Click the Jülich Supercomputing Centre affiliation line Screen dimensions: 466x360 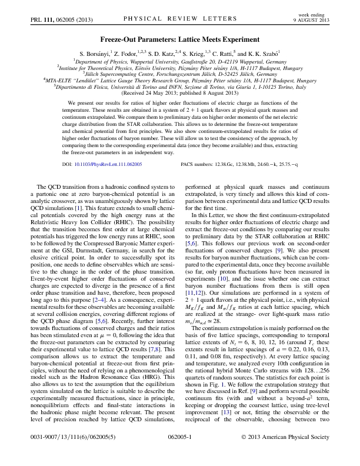click(180, 74)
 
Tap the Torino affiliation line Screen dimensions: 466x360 click(180, 87)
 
